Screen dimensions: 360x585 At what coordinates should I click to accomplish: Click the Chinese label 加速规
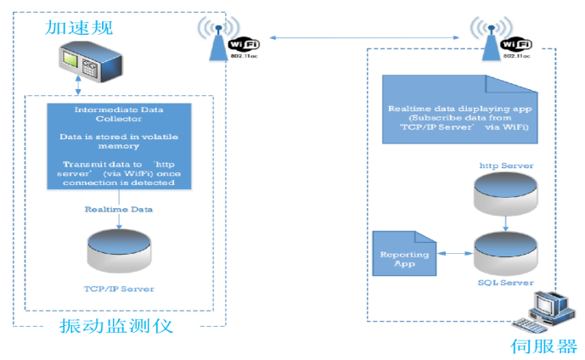click(x=80, y=29)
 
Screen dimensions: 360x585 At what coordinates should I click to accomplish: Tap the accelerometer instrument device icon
click(x=82, y=63)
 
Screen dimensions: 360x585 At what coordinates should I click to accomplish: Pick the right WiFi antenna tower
click(x=492, y=38)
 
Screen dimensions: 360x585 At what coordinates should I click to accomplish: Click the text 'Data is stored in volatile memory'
click(x=118, y=141)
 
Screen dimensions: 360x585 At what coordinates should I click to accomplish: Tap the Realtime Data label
click(x=118, y=208)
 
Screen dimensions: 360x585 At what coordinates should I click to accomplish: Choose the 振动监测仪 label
click(x=116, y=325)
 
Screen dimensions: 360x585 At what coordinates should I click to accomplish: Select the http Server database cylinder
click(x=505, y=194)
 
